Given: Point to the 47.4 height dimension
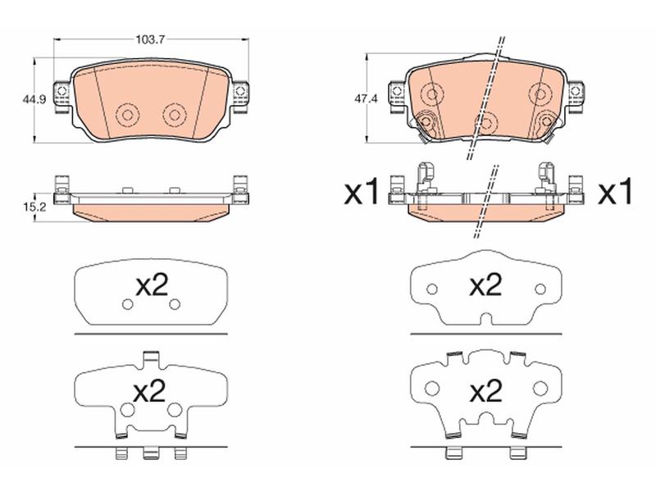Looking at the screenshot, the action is point(366,99).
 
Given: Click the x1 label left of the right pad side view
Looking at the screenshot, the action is point(362,193).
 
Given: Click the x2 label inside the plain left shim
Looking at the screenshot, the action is point(153,286).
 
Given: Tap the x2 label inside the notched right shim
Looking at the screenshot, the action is point(485,286).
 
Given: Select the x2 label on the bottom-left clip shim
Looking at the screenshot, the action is point(149,391).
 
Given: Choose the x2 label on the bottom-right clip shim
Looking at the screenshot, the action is point(485,391).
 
